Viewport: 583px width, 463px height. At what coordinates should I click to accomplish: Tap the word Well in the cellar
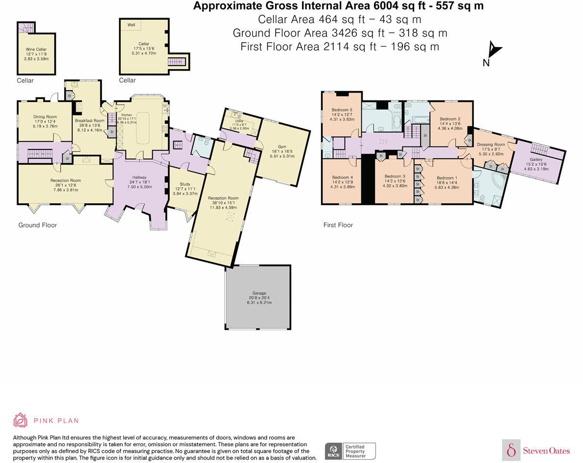131,25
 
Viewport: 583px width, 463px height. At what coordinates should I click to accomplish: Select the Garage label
258,293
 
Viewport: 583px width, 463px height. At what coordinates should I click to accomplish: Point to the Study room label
185,184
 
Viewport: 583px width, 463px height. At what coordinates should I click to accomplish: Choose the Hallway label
140,177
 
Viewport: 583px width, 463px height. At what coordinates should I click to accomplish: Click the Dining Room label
45,117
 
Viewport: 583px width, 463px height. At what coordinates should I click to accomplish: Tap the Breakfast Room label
89,121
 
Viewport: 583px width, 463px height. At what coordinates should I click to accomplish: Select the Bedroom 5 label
342,110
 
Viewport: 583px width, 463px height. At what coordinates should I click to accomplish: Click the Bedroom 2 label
450,119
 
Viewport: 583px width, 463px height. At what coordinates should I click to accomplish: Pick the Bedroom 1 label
447,178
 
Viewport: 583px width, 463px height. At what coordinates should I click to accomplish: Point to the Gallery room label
536,160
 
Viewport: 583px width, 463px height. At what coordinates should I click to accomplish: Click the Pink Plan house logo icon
21,420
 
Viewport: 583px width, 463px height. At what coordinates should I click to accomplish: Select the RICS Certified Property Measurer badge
350,451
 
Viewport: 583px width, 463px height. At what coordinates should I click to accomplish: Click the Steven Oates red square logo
511,450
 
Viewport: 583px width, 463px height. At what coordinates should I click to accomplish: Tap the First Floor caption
338,225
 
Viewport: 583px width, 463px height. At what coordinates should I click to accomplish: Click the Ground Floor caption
38,225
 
